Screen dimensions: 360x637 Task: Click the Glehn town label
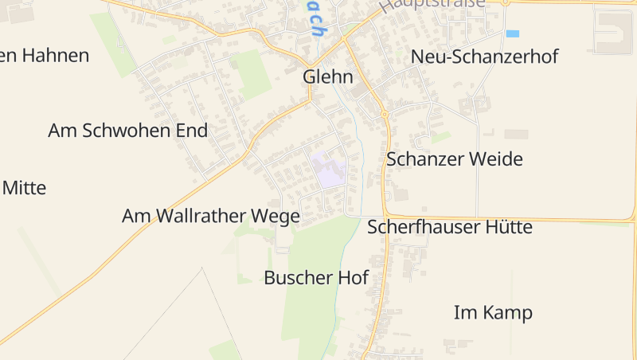[x=328, y=77]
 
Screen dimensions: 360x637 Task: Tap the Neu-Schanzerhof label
[x=484, y=57]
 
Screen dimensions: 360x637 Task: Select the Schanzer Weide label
[x=454, y=159]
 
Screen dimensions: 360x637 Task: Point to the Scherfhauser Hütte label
[x=449, y=228]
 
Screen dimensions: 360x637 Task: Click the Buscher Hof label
[x=316, y=278]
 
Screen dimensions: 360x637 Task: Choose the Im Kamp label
[x=493, y=312]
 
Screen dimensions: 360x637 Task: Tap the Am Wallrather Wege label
[x=211, y=216]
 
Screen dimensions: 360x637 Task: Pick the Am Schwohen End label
[x=127, y=131]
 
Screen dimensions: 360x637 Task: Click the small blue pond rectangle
[x=512, y=33]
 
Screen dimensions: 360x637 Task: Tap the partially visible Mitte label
[x=24, y=189]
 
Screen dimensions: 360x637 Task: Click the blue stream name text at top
[x=315, y=20]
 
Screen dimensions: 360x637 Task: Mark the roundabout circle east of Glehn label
[x=385, y=115]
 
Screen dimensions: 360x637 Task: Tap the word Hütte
[x=506, y=228]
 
